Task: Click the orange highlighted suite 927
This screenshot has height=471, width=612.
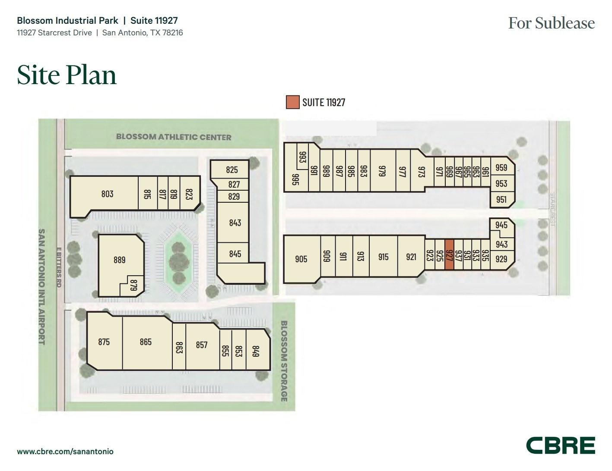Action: (x=449, y=255)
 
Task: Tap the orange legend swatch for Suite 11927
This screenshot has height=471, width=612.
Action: (x=292, y=102)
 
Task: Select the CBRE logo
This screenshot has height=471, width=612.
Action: (x=560, y=446)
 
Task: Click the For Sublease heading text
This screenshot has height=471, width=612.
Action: (x=551, y=23)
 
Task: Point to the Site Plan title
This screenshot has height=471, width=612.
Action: (x=67, y=75)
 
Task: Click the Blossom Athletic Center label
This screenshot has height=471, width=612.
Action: (x=174, y=137)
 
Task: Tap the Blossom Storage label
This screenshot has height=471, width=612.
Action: (x=284, y=361)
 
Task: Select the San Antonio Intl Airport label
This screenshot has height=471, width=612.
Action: (x=42, y=287)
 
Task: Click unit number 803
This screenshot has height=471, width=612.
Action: (x=107, y=194)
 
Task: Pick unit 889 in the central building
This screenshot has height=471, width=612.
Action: (x=119, y=260)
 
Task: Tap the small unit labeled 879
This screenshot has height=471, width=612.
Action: (x=133, y=285)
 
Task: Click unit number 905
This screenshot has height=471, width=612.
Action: (x=301, y=259)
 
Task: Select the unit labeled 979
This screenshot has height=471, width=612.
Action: (x=382, y=171)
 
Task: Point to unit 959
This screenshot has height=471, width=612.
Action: (x=501, y=168)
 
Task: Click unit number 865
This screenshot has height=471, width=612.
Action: (x=146, y=342)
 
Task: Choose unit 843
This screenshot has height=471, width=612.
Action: (x=235, y=223)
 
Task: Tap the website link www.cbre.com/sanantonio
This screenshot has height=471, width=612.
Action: (x=65, y=452)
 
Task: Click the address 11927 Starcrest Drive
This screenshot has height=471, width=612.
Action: (x=54, y=33)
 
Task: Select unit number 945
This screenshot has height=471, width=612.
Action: (x=501, y=225)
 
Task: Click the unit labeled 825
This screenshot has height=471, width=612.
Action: (x=232, y=170)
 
